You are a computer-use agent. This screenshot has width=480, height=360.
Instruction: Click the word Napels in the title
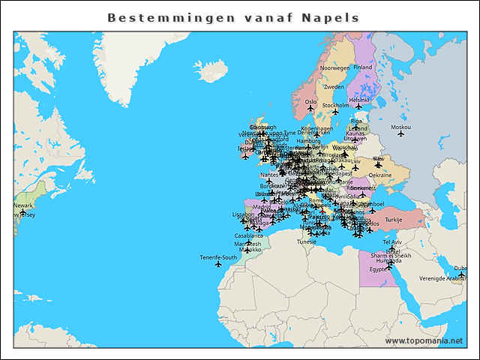tap(330, 17)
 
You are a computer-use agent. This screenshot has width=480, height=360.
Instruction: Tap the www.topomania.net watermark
tap(424, 340)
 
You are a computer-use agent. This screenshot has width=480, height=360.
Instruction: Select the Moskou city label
tap(400, 127)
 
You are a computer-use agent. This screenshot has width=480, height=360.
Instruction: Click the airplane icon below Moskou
tap(400, 135)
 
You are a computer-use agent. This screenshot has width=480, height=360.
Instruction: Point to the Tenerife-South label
tap(218, 257)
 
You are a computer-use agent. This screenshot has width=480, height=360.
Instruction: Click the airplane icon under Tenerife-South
tap(218, 265)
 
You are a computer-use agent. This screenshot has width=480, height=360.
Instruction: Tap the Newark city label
tap(23, 205)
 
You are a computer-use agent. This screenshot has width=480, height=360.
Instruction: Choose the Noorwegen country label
tap(335, 67)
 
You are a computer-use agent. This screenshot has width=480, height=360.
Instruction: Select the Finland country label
tap(363, 67)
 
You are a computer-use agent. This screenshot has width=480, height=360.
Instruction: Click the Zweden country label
tap(334, 87)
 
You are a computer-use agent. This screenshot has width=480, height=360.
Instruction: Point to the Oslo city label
tap(310, 101)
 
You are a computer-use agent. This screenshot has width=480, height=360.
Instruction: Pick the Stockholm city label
tap(335, 106)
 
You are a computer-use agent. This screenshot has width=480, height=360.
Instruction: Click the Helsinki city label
tap(359, 100)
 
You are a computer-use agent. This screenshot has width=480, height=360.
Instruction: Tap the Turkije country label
tap(394, 220)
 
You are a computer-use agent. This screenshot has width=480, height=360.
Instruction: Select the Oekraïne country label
tap(380, 175)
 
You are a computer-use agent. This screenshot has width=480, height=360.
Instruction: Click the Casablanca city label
tap(249, 235)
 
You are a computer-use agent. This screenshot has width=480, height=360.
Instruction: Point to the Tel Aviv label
tap(392, 242)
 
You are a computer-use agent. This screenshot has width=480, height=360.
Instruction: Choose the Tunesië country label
tap(307, 241)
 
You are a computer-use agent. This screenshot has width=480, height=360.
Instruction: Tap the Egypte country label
tap(378, 268)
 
